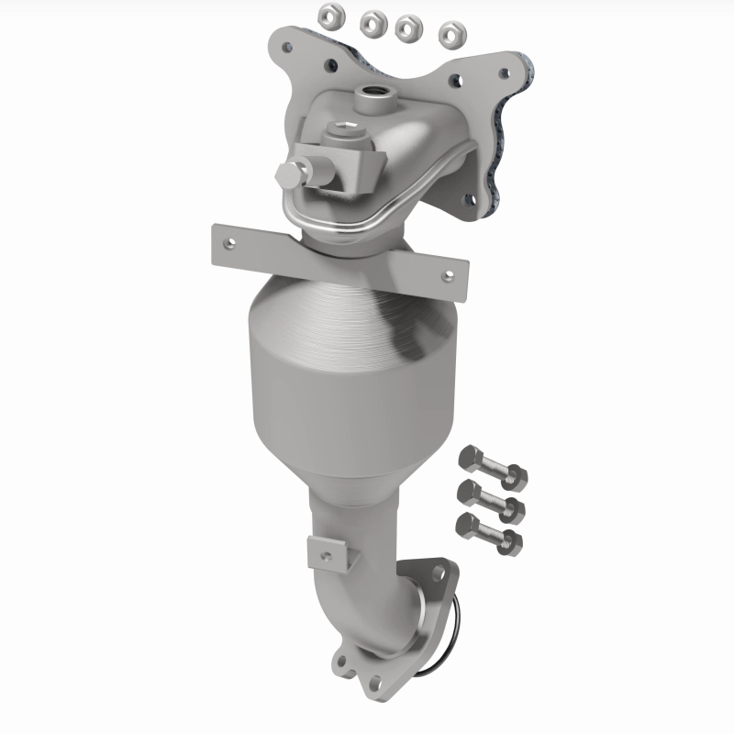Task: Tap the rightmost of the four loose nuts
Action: click(450, 35)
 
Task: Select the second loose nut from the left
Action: click(373, 20)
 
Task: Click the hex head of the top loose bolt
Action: click(467, 455)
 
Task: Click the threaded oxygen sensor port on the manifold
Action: click(373, 93)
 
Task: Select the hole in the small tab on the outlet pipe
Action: click(324, 553)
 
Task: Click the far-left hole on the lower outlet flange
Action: click(343, 658)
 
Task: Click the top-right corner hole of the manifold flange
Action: click(502, 71)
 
